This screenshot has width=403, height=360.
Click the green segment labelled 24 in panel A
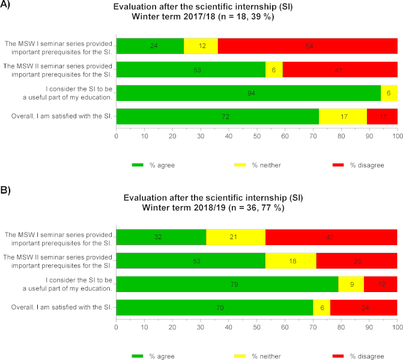point(150,46)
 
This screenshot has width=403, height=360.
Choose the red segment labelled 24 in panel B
point(364,308)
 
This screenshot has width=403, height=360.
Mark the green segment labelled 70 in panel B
point(214,308)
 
